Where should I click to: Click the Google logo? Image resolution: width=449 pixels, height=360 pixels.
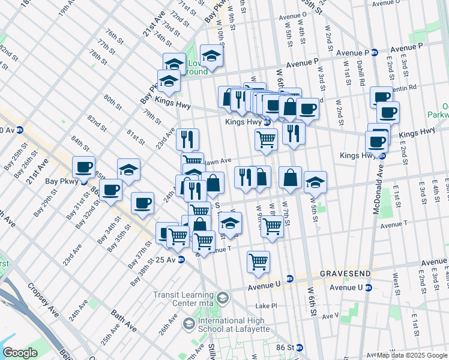tap(20, 353)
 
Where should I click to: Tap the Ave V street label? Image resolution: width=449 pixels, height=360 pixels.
tap(330, 315)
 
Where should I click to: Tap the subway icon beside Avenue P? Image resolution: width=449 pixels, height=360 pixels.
tap(374, 52)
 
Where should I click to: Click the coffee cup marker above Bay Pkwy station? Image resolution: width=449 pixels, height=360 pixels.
tap(83, 167)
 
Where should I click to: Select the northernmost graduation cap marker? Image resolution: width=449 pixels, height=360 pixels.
tap(211, 56)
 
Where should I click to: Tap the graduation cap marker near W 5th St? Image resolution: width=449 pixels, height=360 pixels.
tap(315, 181)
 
